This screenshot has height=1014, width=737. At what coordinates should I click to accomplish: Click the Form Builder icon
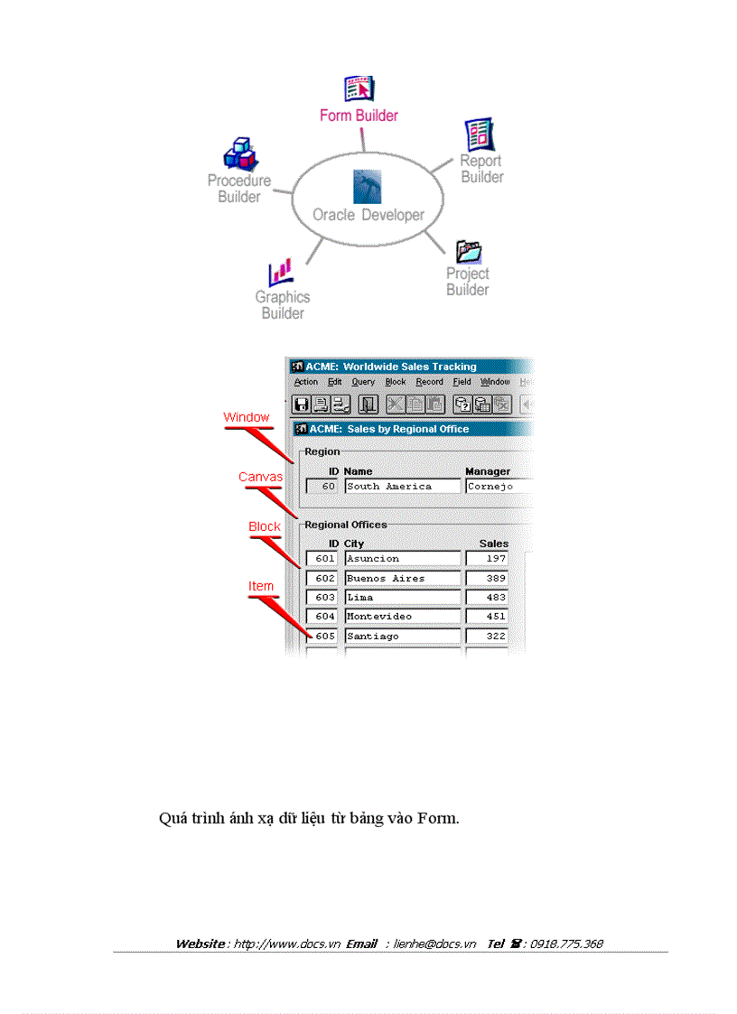pos(359,89)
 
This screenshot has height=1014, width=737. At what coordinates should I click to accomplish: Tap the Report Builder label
pos(481,169)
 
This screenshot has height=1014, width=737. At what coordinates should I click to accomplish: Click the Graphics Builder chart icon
pos(280,272)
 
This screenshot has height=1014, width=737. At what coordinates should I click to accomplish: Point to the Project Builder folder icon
pos(469,250)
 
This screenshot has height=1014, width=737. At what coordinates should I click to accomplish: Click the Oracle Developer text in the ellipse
pos(368,215)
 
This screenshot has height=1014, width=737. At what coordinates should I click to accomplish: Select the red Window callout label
pos(247,417)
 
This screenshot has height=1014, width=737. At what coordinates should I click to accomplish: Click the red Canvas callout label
pos(260,477)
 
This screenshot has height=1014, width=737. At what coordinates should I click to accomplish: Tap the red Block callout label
pos(265,526)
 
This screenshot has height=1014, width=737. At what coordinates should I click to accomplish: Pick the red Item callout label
pos(261,586)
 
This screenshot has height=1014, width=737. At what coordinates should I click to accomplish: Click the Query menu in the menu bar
pos(363,382)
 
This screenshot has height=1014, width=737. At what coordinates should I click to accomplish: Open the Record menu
pos(429,382)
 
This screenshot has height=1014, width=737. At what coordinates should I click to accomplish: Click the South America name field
pos(402,487)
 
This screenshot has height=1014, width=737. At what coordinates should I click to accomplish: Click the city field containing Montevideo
pos(402,617)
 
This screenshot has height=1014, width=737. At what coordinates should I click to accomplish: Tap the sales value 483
pos(487,598)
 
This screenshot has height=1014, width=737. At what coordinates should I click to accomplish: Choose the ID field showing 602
pos(322,579)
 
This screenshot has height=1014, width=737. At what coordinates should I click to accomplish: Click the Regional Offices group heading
pos(345,525)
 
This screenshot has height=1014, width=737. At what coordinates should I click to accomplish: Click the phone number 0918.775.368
pos(566,944)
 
